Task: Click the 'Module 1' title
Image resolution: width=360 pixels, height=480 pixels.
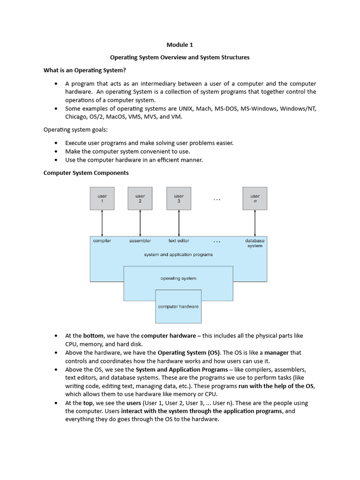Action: (180, 45)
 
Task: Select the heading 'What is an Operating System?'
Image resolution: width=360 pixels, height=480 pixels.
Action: (84, 70)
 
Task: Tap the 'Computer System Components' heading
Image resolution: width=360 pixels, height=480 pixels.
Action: (86, 172)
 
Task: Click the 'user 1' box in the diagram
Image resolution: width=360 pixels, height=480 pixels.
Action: (102, 198)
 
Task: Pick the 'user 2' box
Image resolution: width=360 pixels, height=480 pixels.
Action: (140, 198)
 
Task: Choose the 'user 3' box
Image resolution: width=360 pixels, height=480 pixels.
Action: (179, 198)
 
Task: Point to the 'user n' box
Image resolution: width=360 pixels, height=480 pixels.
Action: (255, 198)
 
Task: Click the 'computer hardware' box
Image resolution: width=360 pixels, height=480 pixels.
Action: (178, 307)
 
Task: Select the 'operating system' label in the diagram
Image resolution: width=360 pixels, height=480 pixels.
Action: (178, 278)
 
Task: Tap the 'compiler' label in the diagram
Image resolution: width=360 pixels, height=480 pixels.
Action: (102, 241)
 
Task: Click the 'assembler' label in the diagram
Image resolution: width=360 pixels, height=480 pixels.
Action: (140, 241)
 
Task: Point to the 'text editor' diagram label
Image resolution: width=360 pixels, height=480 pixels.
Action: (179, 241)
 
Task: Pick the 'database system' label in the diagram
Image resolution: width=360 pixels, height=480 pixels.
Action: (255, 243)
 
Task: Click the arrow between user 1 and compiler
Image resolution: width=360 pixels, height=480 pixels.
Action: (102, 223)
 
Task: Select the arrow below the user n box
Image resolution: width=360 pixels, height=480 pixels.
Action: (255, 223)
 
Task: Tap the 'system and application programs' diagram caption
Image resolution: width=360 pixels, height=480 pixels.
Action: (178, 255)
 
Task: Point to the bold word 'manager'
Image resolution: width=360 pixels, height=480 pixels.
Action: (276, 352)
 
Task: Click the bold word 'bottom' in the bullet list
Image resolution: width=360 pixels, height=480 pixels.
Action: (93, 336)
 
